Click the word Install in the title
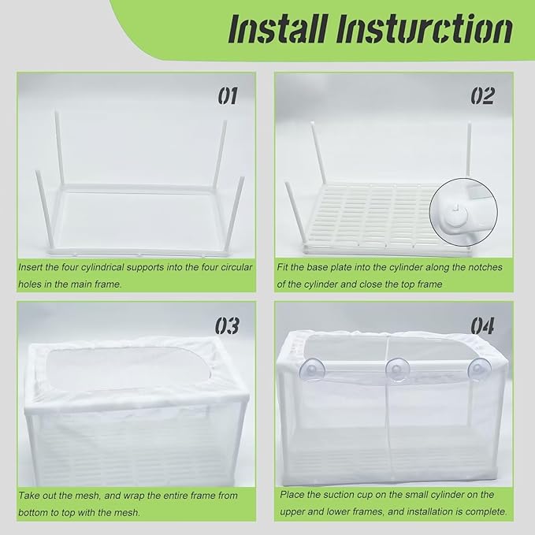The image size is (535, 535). coord(274,30)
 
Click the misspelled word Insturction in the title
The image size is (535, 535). coord(422,30)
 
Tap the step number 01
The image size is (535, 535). coord(227,96)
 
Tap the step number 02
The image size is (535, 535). coord(482,96)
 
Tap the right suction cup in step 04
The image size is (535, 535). coord(478,370)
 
